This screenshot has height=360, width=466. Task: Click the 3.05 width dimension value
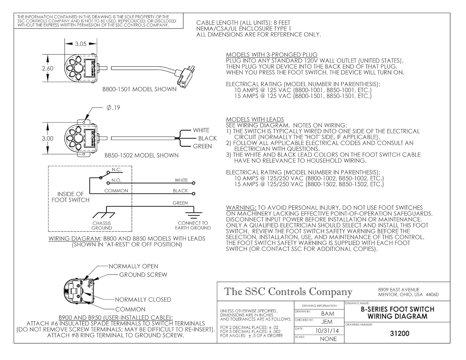click(81, 44)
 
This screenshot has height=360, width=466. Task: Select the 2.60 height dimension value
click(48, 68)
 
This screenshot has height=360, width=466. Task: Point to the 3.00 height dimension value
click(48, 139)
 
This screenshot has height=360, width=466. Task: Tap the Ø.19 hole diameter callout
click(113, 108)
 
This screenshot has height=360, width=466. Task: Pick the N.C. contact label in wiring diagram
click(117, 170)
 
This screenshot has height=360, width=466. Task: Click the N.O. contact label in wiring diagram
click(116, 180)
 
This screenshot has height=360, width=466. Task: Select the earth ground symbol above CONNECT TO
click(193, 215)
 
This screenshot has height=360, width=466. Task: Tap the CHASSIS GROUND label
click(102, 226)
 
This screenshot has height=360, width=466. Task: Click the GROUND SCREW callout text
click(143, 275)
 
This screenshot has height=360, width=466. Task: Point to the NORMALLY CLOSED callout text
click(143, 300)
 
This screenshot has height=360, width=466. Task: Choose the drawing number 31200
click(400, 334)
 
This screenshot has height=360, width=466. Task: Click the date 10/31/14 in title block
click(327, 331)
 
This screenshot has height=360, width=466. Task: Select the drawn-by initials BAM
click(328, 314)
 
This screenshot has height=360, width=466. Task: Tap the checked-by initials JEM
click(327, 322)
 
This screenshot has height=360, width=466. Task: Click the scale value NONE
click(328, 339)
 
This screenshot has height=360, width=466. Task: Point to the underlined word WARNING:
click(241, 208)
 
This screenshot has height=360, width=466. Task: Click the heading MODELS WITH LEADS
click(255, 120)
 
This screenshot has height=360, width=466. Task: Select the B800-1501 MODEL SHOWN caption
click(139, 89)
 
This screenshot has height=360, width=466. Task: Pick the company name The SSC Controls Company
click(288, 292)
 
